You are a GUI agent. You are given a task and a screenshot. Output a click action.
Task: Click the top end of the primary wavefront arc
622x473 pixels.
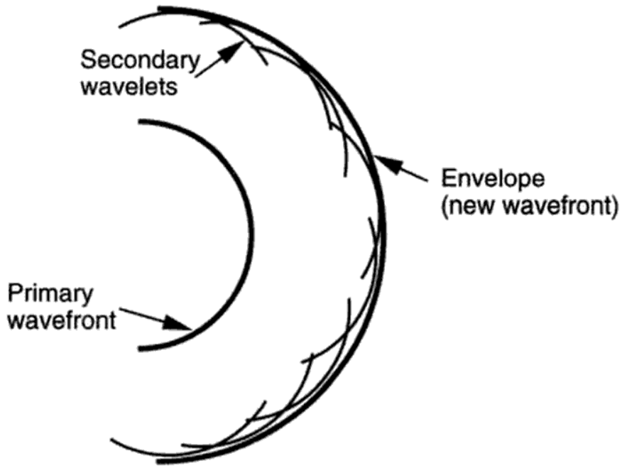tap(140, 123)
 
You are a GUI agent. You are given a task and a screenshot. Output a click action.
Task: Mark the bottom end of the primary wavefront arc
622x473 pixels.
tap(141, 348)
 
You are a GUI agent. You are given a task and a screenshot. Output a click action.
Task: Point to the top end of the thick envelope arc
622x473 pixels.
tap(159, 9)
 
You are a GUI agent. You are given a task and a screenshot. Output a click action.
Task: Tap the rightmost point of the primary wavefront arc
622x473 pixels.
tap(251, 234)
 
